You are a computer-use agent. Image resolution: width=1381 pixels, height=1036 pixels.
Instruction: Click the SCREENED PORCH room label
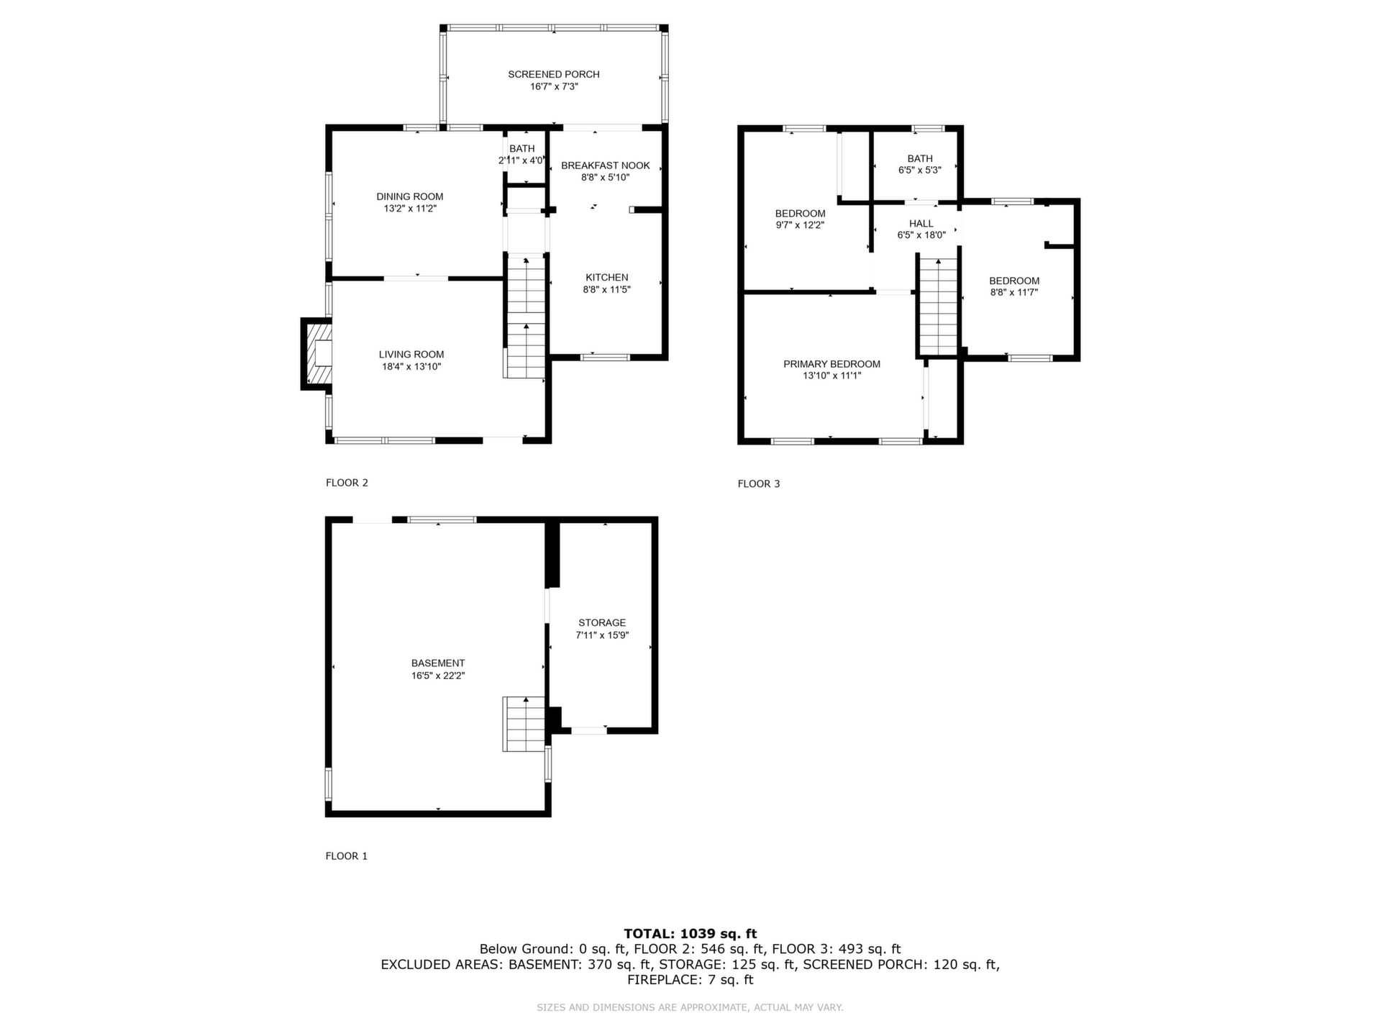(554, 74)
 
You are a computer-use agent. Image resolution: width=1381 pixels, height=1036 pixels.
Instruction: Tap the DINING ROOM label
(410, 196)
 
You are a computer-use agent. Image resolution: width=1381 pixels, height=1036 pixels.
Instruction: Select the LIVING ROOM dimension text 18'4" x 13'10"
(411, 367)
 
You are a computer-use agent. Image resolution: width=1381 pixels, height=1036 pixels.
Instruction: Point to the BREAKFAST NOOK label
(606, 165)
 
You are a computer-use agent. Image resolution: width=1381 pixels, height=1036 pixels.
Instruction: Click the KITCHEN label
(607, 278)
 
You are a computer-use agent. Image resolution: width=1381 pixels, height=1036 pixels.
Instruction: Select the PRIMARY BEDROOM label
(832, 364)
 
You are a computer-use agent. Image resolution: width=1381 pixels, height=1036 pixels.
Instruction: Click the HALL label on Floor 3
(921, 224)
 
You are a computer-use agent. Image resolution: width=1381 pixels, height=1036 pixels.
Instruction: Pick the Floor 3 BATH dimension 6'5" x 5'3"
(920, 171)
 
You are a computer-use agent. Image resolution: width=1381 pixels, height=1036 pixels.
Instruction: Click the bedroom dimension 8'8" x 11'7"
(1014, 293)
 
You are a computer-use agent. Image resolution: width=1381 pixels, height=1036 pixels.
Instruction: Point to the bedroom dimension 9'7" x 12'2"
(800, 225)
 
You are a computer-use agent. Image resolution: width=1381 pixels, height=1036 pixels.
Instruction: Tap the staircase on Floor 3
(939, 306)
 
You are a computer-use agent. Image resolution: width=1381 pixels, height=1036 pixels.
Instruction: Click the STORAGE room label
(602, 623)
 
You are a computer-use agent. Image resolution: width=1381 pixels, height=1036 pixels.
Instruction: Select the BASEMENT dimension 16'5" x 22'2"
(438, 676)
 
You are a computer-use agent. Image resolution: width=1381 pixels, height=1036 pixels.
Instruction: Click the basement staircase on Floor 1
(524, 724)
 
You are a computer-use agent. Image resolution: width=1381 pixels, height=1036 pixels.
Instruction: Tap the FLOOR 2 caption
(347, 483)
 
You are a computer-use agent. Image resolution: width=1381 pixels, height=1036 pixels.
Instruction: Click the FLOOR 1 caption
(347, 856)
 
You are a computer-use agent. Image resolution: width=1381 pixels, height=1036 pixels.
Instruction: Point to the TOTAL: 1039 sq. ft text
(690, 934)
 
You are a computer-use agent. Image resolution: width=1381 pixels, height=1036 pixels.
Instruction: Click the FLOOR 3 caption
(759, 484)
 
